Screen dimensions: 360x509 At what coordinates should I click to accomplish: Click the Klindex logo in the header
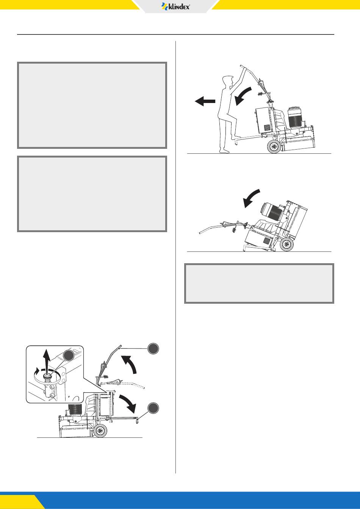point(175,6)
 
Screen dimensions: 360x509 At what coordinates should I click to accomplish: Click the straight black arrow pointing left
point(205,101)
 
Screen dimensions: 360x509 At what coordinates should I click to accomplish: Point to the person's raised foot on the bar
point(236,137)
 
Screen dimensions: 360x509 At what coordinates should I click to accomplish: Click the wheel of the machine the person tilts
point(274,147)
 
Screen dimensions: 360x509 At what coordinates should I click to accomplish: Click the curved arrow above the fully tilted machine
point(250,198)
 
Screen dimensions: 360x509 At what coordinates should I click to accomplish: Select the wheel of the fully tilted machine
point(286,245)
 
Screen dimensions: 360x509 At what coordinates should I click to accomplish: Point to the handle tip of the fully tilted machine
point(200,233)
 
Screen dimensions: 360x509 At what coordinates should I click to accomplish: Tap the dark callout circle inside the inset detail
point(69,356)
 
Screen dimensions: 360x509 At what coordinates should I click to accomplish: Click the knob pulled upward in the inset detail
point(47,378)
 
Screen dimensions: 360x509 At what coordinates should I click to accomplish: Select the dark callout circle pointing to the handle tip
point(153,348)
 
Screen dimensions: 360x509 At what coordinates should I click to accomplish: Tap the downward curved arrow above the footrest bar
point(128,404)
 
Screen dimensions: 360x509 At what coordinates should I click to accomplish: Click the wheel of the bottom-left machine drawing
point(100,430)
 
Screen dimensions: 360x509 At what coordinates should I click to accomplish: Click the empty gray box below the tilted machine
point(259,283)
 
